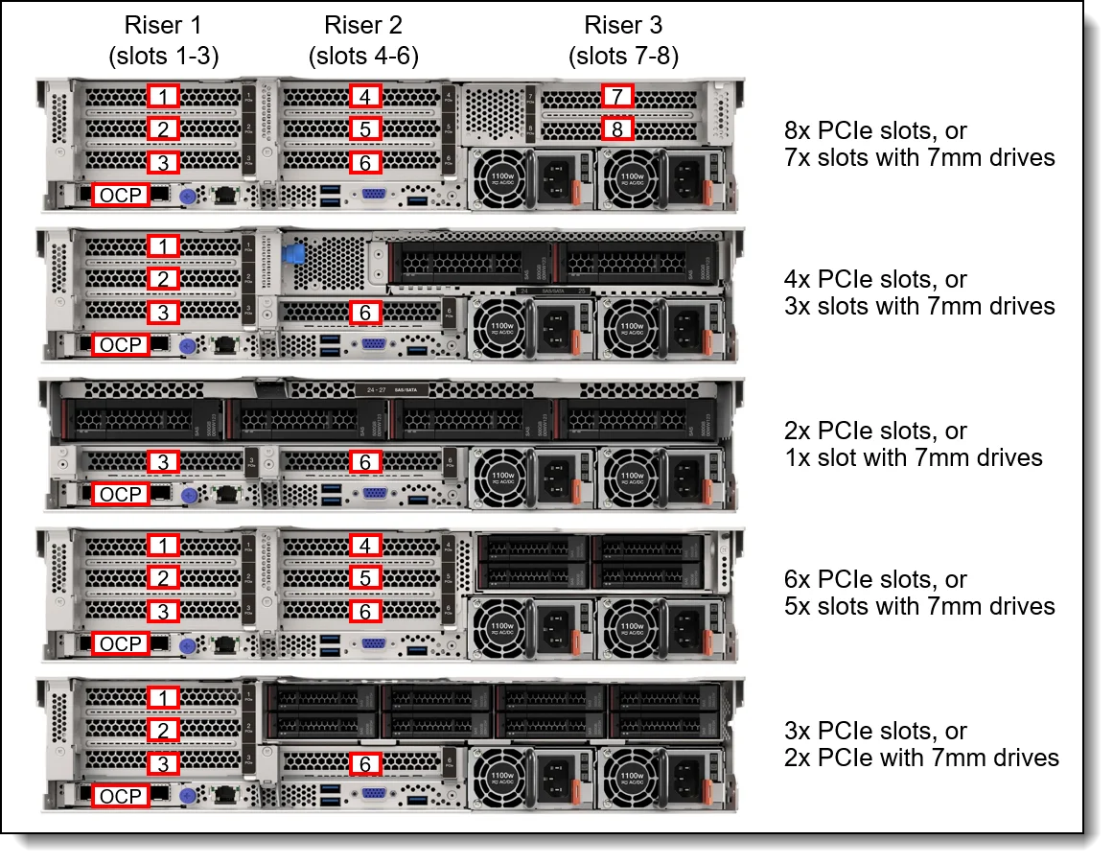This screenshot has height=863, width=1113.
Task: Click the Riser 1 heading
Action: (x=163, y=25)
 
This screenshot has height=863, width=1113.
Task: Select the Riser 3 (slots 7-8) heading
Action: (x=623, y=25)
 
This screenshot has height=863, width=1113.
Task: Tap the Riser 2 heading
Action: (x=363, y=25)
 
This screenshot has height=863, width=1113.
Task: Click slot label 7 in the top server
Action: (x=618, y=96)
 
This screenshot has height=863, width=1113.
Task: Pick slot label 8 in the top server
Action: (x=618, y=128)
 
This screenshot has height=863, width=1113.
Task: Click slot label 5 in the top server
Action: (x=364, y=128)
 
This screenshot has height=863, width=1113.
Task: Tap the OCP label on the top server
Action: (x=121, y=196)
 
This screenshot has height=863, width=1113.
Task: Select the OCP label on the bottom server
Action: (x=121, y=796)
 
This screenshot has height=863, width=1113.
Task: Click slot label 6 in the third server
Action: (x=364, y=462)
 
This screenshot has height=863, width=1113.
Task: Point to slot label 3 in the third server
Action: (x=164, y=462)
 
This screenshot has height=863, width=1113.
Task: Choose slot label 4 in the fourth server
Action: (x=364, y=546)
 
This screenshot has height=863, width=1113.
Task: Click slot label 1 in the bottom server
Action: (x=164, y=697)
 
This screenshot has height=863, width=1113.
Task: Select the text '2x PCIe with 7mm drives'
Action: (x=921, y=758)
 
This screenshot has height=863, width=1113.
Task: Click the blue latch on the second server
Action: (x=295, y=255)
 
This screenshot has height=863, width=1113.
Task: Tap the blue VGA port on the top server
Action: (x=374, y=197)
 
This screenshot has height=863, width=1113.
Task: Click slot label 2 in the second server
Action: (x=164, y=279)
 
